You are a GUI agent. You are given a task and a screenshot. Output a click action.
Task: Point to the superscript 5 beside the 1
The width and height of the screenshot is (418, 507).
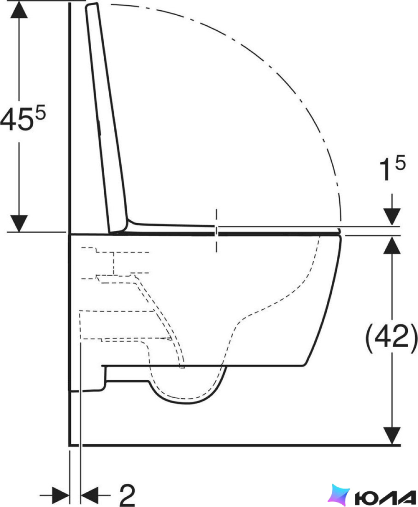[x=400, y=163]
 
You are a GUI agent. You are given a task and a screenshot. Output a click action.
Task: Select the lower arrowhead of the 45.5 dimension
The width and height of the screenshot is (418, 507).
[x=19, y=224]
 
